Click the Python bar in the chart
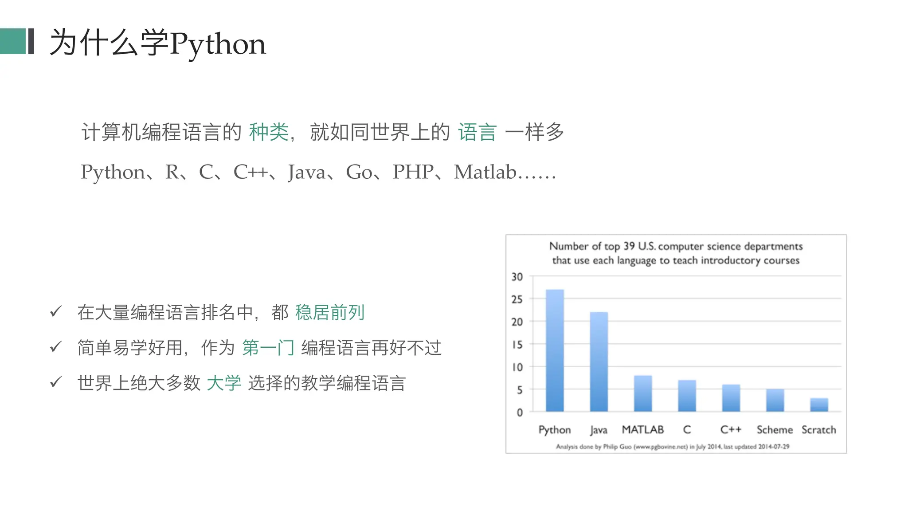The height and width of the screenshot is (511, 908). point(555,350)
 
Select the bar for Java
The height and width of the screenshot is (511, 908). point(599,362)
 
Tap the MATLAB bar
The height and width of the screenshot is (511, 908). point(643,393)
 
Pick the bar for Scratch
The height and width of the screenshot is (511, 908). point(819,405)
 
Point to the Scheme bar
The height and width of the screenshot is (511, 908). point(775,400)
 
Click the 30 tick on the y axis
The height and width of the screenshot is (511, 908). point(517,277)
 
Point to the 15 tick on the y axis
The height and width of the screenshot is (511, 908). point(517,345)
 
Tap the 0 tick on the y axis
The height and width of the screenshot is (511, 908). point(520,413)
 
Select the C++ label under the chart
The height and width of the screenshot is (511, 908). point(731,429)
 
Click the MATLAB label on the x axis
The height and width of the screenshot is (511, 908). point(643,429)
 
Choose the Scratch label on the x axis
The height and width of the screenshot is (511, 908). point(818,429)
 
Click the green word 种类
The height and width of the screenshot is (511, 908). point(269,132)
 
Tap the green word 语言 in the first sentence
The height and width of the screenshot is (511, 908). point(477,132)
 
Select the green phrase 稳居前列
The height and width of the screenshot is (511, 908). point(330,312)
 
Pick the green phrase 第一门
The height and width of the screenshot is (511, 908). point(268,348)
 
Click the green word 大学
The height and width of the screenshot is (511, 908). point(224,383)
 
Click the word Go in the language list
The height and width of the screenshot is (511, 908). point(359,172)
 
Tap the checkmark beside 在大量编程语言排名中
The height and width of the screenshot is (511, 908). point(56,311)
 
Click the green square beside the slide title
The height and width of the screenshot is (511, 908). point(13,41)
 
